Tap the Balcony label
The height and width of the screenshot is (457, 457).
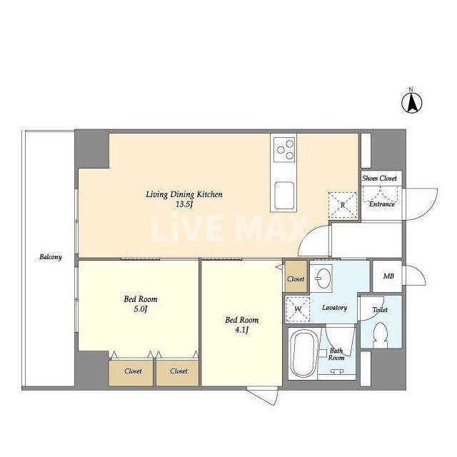tap(51, 257)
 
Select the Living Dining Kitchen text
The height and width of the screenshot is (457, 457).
tap(184, 194)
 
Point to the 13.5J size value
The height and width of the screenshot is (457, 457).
tap(184, 204)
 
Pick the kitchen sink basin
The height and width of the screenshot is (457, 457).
tap(284, 195)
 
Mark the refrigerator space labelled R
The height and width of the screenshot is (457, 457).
tap(343, 205)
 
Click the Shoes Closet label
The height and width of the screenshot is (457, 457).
tap(379, 178)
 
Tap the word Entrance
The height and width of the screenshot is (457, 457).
tap(382, 204)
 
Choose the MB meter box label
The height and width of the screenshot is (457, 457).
tap(388, 276)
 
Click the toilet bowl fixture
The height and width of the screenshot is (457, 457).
tap(381, 335)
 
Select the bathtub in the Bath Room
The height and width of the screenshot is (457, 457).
tap(303, 354)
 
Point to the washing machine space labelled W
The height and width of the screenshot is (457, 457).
tap(298, 309)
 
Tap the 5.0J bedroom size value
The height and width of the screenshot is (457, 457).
tap(141, 309)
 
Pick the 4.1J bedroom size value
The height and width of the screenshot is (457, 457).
tap(241, 330)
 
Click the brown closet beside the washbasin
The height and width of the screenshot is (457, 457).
tap(296, 276)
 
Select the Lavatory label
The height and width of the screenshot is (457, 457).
tap(334, 308)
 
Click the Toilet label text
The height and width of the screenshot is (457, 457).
tap(380, 309)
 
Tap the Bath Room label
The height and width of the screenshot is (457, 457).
tap(336, 354)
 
